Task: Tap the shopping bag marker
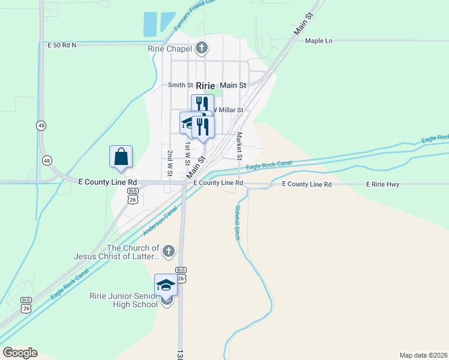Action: pyautogui.click(x=121, y=157)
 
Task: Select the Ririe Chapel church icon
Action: pyautogui.click(x=202, y=48)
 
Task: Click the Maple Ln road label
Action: pyautogui.click(x=318, y=41)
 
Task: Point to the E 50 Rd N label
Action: pyautogui.click(x=62, y=45)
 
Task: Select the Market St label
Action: pyautogui.click(x=239, y=146)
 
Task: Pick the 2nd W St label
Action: pyautogui.click(x=170, y=163)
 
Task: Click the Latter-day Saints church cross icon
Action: pyautogui.click(x=169, y=251)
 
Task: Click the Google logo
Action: pyautogui.click(x=20, y=353)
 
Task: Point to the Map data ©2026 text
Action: pyautogui.click(x=423, y=355)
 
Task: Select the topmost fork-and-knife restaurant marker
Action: pyautogui.click(x=202, y=104)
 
